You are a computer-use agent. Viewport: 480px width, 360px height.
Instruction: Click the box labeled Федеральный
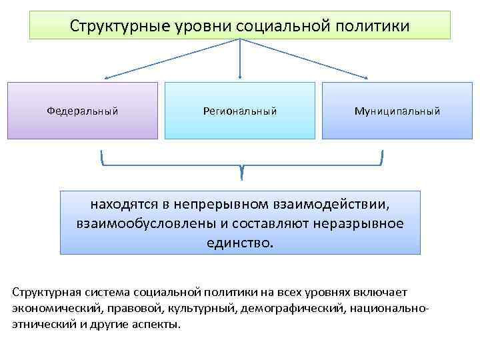click(x=83, y=111)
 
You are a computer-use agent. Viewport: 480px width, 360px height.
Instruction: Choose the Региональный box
click(x=240, y=111)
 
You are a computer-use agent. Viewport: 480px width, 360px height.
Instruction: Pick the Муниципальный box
click(x=397, y=111)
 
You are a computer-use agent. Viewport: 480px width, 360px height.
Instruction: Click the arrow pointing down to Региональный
click(x=240, y=60)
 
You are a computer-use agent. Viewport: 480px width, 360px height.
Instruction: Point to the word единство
click(x=239, y=242)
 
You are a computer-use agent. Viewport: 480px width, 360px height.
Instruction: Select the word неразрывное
click(x=365, y=223)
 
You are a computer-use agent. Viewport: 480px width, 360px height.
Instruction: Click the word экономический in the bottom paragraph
click(x=53, y=309)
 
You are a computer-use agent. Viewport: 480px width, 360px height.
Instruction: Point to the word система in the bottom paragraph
click(x=107, y=293)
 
